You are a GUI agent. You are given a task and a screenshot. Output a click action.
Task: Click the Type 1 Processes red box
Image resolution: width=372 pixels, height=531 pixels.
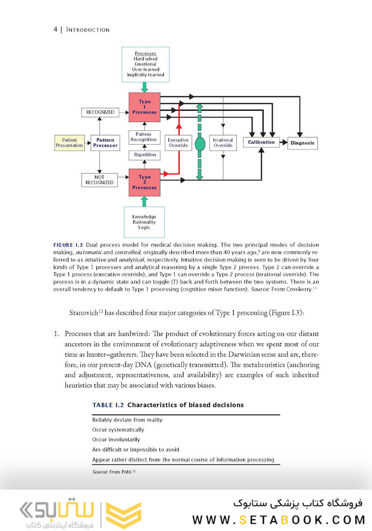pyautogui.click(x=145, y=107)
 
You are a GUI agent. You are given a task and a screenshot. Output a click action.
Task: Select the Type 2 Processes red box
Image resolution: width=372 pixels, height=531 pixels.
pyautogui.click(x=145, y=182)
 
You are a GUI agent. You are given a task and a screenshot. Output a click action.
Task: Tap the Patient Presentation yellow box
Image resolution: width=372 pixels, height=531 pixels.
pyautogui.click(x=69, y=143)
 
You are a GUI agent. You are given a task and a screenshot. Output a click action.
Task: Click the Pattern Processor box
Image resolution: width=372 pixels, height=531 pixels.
pyautogui.click(x=105, y=143)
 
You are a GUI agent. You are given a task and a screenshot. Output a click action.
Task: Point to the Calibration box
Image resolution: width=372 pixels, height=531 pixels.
pyautogui.click(x=261, y=143)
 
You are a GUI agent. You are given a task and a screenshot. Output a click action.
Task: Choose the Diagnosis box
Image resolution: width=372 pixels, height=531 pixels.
pyautogui.click(x=303, y=143)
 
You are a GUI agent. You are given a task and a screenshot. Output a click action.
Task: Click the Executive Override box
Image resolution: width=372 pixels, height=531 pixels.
pyautogui.click(x=178, y=143)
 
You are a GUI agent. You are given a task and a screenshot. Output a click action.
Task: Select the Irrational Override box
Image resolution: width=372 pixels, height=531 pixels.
pyautogui.click(x=223, y=143)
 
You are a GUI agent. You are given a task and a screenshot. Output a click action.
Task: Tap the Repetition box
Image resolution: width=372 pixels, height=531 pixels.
pyautogui.click(x=145, y=155)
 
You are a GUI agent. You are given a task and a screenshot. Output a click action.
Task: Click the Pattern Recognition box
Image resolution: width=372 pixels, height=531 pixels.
pyautogui.click(x=145, y=137)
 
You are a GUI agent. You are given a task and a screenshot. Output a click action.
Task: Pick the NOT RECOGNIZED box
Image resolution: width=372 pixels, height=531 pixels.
pyautogui.click(x=100, y=179)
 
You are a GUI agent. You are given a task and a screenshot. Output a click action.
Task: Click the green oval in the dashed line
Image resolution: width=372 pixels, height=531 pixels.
pyautogui.click(x=200, y=144)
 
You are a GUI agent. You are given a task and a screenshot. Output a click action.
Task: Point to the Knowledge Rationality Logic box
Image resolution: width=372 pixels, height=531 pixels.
pyautogui.click(x=144, y=222)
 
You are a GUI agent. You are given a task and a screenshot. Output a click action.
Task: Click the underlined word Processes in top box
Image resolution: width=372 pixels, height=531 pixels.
pyautogui.click(x=145, y=53)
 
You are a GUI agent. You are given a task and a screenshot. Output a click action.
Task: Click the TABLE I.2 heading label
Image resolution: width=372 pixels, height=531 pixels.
pyautogui.click(x=108, y=405)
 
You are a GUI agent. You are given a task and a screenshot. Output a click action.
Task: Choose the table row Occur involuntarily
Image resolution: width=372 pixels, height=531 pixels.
pyautogui.click(x=116, y=440)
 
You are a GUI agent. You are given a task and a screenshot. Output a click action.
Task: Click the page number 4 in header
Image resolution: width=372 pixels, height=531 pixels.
pyautogui.click(x=56, y=29)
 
